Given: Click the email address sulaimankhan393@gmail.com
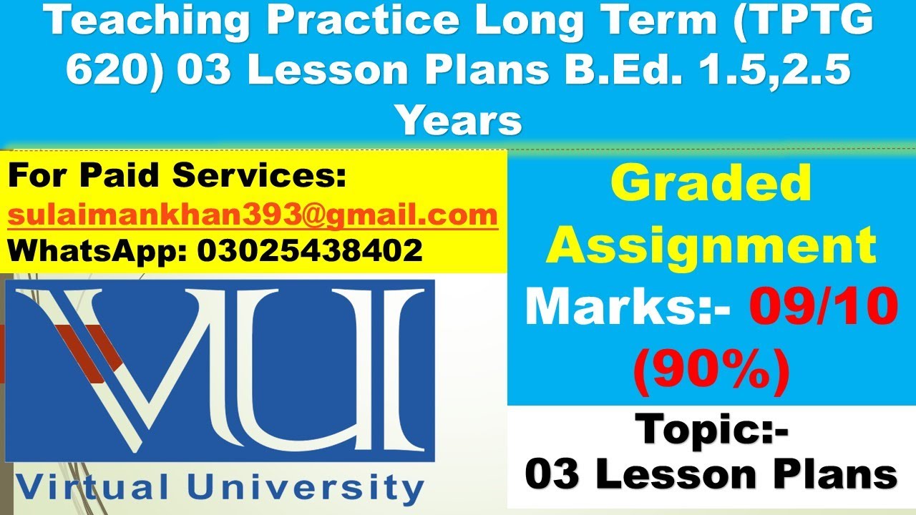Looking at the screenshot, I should tap(253, 215).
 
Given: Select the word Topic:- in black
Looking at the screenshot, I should tap(712, 429).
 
